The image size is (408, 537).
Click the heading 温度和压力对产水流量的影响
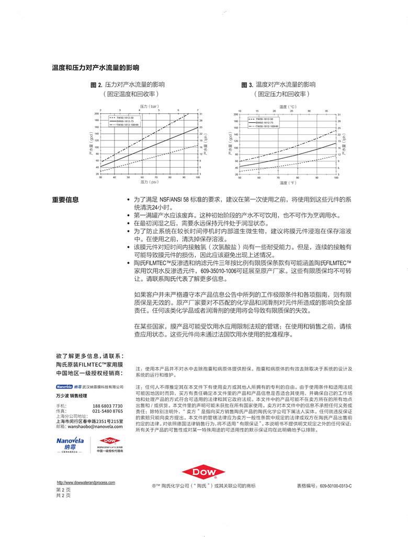tap(95, 68)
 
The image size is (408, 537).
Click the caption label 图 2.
tap(96, 84)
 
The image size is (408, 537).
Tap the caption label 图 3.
tap(247, 85)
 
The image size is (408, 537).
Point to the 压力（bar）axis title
tap(149, 106)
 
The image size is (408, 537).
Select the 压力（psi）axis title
tap(149, 182)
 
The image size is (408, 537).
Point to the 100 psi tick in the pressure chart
tap(198, 178)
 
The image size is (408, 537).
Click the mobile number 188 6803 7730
tap(108, 406)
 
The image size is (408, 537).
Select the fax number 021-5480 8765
tap(108, 411)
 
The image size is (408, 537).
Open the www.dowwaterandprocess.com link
tap(86, 483)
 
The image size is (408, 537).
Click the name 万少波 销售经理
tap(73, 395)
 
